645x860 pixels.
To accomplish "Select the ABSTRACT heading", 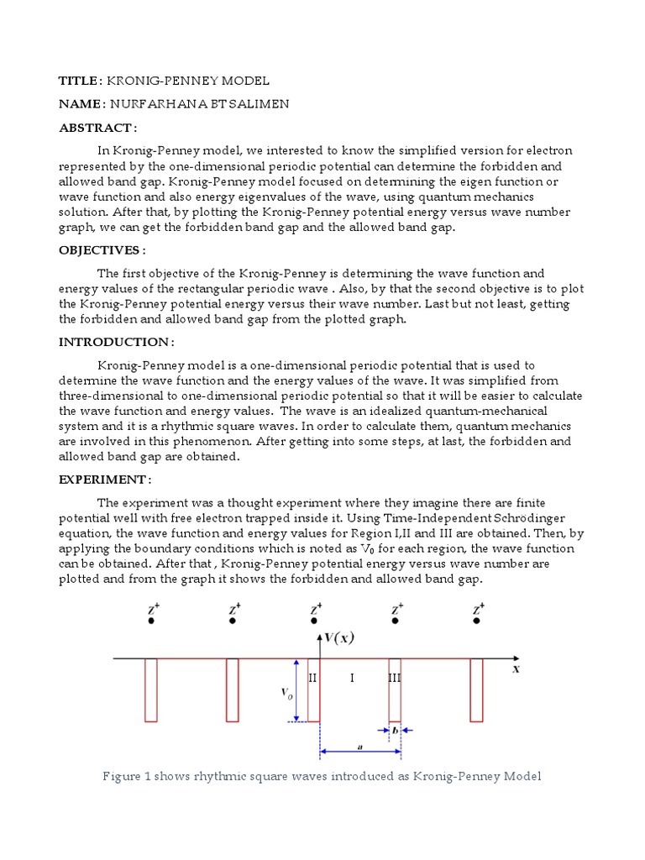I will coord(95,128).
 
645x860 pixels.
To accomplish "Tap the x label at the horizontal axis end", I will coord(516,669).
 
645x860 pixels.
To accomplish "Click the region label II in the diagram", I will coord(312,678).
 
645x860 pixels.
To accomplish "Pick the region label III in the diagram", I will coord(395,678).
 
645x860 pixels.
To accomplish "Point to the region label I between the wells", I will coord(352,678).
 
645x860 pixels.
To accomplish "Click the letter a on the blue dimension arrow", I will coord(359,745).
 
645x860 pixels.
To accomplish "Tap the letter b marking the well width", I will coord(395,731).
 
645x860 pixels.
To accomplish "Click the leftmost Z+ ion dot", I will coord(150,622).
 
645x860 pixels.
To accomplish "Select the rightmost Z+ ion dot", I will coord(476,622).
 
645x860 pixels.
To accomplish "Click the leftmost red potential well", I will coord(150,690).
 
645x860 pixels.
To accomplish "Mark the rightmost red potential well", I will coord(476,690).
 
